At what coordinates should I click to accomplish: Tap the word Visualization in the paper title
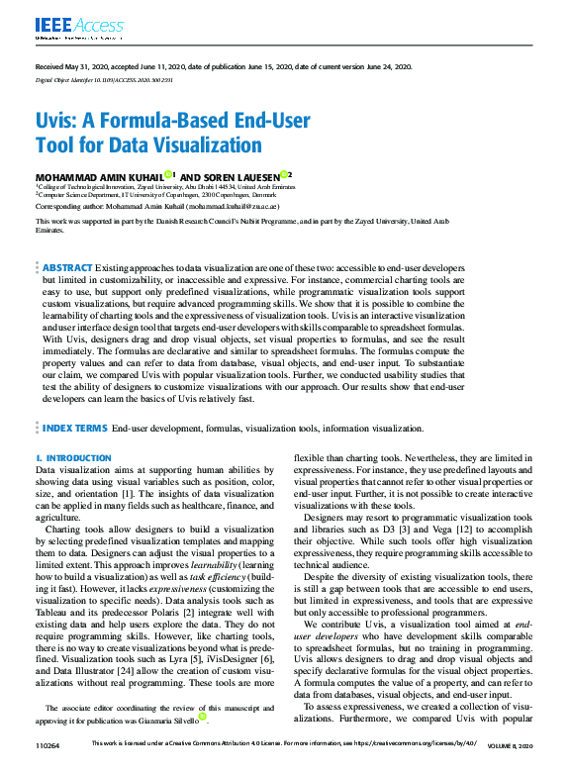point(200,145)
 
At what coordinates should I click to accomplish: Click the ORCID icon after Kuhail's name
point(169,174)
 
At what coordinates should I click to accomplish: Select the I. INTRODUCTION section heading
point(66,458)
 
